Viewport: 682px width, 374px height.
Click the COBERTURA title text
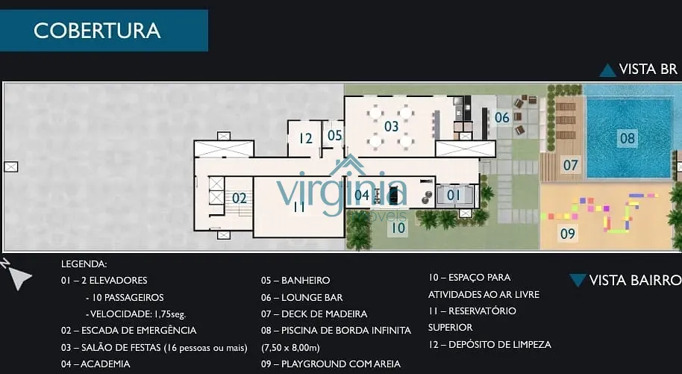pyautogui.click(x=97, y=31)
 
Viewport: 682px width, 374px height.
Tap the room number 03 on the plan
pyautogui.click(x=392, y=126)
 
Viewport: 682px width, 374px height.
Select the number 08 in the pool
pyautogui.click(x=628, y=138)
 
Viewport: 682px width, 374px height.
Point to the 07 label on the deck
pyautogui.click(x=571, y=165)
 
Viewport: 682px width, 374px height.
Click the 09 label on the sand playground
pyautogui.click(x=568, y=234)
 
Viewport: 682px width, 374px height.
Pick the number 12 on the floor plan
pyautogui.click(x=305, y=138)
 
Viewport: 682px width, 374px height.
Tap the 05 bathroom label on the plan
pyautogui.click(x=334, y=135)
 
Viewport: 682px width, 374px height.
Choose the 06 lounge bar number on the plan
pyautogui.click(x=502, y=117)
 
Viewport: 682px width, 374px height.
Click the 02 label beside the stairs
pyautogui.click(x=240, y=199)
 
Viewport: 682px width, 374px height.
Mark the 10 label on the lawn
pyautogui.click(x=398, y=228)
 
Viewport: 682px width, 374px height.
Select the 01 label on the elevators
pyautogui.click(x=453, y=195)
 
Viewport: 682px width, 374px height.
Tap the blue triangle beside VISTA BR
pyautogui.click(x=607, y=70)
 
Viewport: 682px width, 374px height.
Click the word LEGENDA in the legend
pyautogui.click(x=84, y=264)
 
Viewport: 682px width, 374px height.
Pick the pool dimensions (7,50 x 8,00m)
pyautogui.click(x=290, y=348)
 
